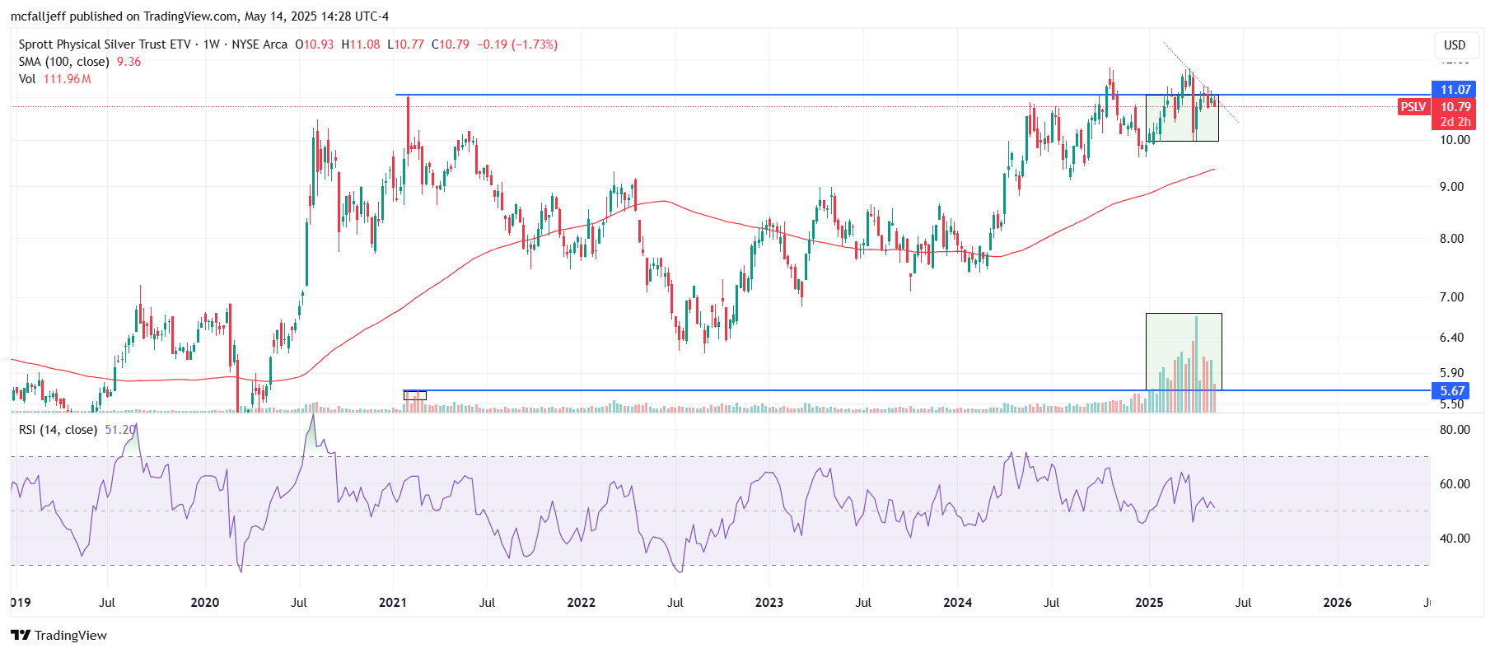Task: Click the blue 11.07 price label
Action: [x=1454, y=90]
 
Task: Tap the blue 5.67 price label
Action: [x=1454, y=391]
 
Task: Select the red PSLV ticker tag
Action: [x=1413, y=107]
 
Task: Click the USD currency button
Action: [x=1455, y=45]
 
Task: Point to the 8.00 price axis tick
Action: [x=1455, y=239]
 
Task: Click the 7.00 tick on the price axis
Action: [x=1455, y=297]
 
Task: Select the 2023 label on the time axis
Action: [x=769, y=603]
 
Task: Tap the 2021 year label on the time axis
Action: [x=393, y=603]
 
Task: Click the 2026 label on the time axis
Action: [x=1337, y=603]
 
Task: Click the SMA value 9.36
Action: [x=128, y=62]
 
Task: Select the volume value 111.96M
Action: [x=68, y=79]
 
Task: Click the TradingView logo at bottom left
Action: [x=59, y=635]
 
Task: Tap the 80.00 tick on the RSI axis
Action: [x=1455, y=430]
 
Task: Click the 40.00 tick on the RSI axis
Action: [x=1455, y=539]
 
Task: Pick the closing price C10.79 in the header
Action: [x=451, y=44]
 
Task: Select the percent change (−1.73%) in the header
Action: [x=535, y=44]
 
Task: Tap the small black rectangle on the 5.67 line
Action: [x=415, y=395]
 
